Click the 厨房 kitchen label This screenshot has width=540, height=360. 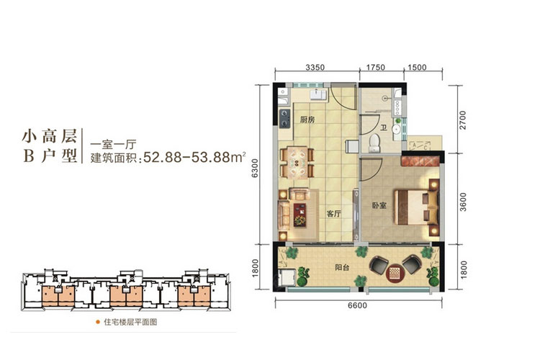click(x=307, y=120)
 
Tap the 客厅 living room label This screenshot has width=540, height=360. click(x=333, y=214)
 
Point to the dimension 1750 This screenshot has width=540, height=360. click(x=376, y=68)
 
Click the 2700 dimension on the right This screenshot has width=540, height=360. click(x=464, y=118)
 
